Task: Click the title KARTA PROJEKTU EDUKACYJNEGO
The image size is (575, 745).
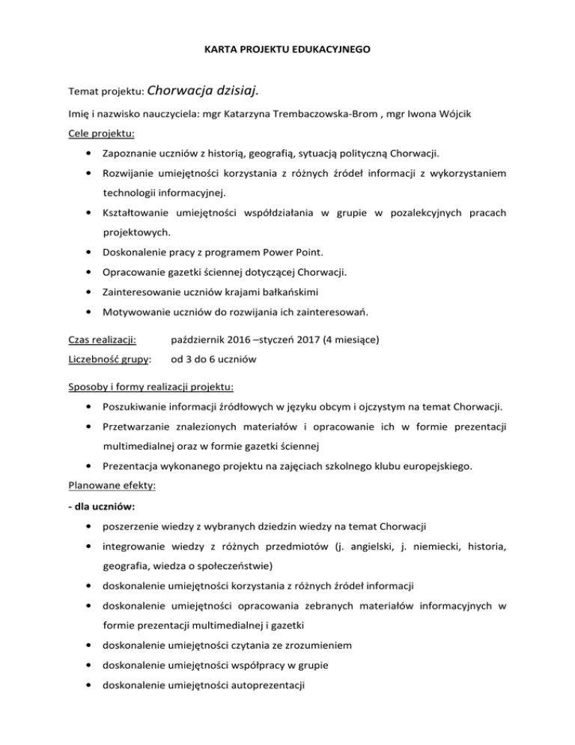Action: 287,51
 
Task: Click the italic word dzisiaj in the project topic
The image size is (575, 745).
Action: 236,91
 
